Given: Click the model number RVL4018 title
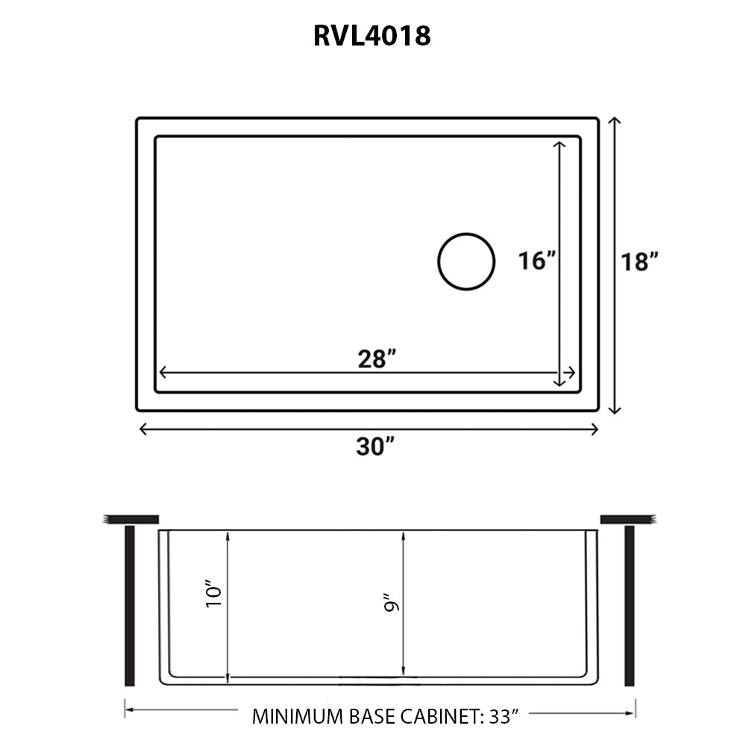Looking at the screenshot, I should point(372,35).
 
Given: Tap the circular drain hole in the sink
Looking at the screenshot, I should point(466,261).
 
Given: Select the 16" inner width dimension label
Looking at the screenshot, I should point(537,261).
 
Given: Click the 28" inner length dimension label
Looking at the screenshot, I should point(376,359).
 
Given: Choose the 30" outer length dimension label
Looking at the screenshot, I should point(375,447).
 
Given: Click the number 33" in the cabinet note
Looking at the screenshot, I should point(504,718).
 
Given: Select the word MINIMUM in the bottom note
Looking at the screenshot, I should point(297,718).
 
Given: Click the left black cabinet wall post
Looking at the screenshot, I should point(130,606).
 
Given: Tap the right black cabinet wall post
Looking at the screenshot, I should point(629,606).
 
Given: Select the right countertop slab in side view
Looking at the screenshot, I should point(627,518).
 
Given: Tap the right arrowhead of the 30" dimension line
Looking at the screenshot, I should point(595,428).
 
